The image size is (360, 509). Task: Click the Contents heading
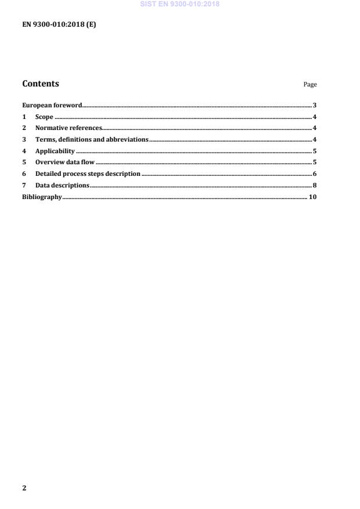(x=41, y=84)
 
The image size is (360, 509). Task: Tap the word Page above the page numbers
(x=310, y=85)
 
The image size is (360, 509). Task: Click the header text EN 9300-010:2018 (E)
(x=59, y=25)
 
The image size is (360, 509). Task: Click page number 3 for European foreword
(x=314, y=106)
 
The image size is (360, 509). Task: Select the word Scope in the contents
(x=44, y=117)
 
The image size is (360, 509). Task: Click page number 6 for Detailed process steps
(x=314, y=174)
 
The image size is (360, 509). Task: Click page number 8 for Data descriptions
(x=314, y=185)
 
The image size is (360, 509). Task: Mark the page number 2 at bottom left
(x=24, y=488)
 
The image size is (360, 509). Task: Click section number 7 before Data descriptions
(x=24, y=185)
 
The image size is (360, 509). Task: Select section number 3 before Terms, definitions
(x=24, y=139)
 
